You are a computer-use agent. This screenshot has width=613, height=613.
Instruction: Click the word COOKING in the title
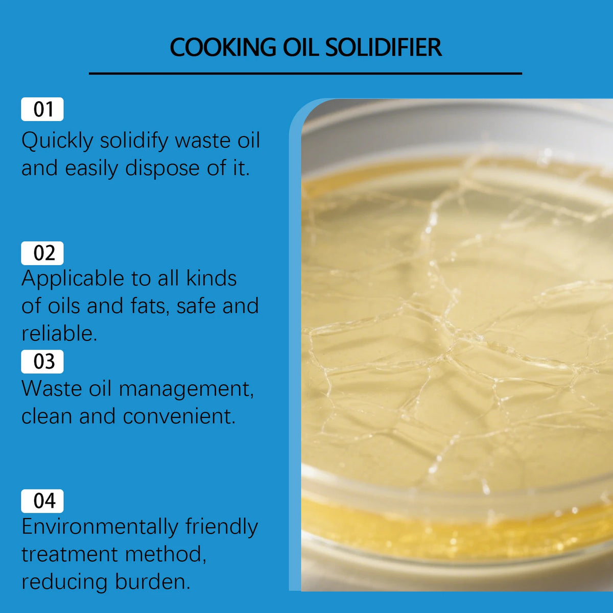[x=223, y=48]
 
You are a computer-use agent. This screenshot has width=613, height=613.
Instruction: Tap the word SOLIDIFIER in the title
[x=383, y=48]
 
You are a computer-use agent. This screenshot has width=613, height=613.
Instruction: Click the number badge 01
[x=42, y=109]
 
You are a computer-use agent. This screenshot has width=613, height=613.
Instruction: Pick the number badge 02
[x=42, y=253]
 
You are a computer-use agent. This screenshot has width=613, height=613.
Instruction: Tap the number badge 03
[x=42, y=362]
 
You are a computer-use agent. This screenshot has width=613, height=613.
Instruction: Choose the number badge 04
[x=42, y=501]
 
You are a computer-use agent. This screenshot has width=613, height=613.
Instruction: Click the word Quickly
[x=57, y=142]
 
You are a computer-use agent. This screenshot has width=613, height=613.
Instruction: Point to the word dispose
[x=162, y=169]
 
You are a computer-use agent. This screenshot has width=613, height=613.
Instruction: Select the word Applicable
[x=73, y=279]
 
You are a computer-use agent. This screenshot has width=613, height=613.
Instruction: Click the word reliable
[x=59, y=334]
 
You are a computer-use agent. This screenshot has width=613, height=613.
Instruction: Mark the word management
[x=186, y=389]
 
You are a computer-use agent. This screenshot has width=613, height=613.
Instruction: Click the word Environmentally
[x=100, y=527]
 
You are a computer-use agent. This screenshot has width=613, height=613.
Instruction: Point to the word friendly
[x=221, y=527]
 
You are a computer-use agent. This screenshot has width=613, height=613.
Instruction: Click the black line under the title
[x=305, y=74]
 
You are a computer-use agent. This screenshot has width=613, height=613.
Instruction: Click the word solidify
[x=133, y=142]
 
